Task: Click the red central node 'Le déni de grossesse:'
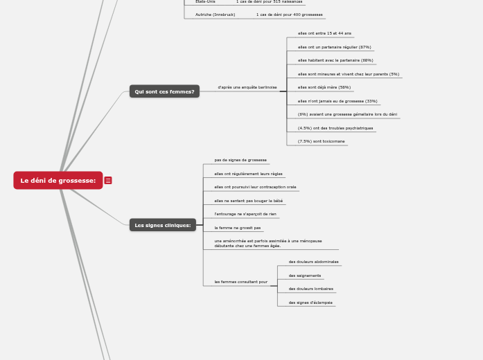[x=58, y=181]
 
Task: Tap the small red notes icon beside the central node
[x=108, y=181]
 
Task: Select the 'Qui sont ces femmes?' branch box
[x=164, y=91]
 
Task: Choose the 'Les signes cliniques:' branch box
[x=162, y=225]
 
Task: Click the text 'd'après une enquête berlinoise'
[x=247, y=87]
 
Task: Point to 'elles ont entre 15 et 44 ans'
[x=324, y=33]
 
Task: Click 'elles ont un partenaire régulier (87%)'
[x=334, y=47]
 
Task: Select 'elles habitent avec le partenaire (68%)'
[x=335, y=60]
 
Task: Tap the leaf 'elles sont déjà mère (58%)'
[x=324, y=87]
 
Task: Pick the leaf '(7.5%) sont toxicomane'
[x=321, y=141]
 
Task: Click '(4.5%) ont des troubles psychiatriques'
[x=335, y=128]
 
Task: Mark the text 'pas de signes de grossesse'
[x=240, y=160]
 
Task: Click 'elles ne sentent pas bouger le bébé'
[x=248, y=201]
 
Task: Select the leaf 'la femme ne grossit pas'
[x=238, y=228]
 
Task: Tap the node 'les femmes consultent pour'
[x=240, y=282]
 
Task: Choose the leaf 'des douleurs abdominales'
[x=313, y=262]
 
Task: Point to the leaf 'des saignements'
[x=305, y=276]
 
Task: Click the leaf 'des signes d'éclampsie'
[x=310, y=303]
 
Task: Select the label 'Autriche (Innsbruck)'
[x=215, y=15]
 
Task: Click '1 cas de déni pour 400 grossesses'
[x=289, y=15]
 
